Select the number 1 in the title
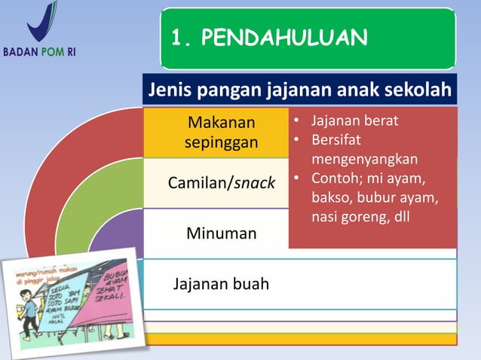click(x=178, y=38)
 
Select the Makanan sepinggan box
click(x=221, y=132)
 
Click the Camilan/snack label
click(x=221, y=183)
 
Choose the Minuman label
click(x=221, y=233)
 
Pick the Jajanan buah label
click(x=221, y=285)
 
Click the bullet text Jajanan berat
click(x=354, y=121)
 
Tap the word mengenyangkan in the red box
click(x=364, y=160)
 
